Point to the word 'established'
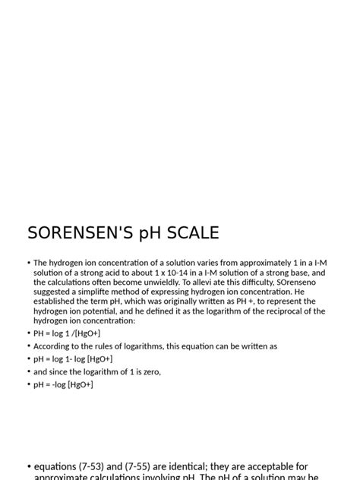55,302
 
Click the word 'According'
54,346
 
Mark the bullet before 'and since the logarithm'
29,372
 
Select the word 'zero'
150,372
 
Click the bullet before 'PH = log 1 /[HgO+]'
29,333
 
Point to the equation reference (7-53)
101,466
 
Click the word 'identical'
201,466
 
